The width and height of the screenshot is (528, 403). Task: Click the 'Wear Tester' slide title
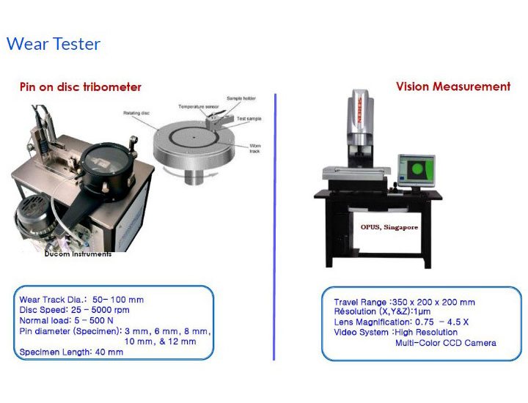pyautogui.click(x=54, y=44)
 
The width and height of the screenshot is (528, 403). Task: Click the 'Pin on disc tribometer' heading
pyautogui.click(x=81, y=87)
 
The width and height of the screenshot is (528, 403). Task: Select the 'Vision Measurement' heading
pyautogui.click(x=453, y=86)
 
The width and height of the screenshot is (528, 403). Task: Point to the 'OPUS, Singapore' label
pyautogui.click(x=389, y=227)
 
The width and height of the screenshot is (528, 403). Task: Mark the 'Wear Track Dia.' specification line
pyautogui.click(x=81, y=300)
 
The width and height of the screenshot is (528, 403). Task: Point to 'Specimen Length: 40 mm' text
pyautogui.click(x=71, y=352)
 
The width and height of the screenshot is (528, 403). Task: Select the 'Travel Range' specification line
pyautogui.click(x=404, y=302)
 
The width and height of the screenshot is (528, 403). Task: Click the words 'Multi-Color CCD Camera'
pyautogui.click(x=445, y=343)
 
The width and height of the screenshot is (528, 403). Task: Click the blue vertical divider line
pyautogui.click(x=274, y=227)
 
